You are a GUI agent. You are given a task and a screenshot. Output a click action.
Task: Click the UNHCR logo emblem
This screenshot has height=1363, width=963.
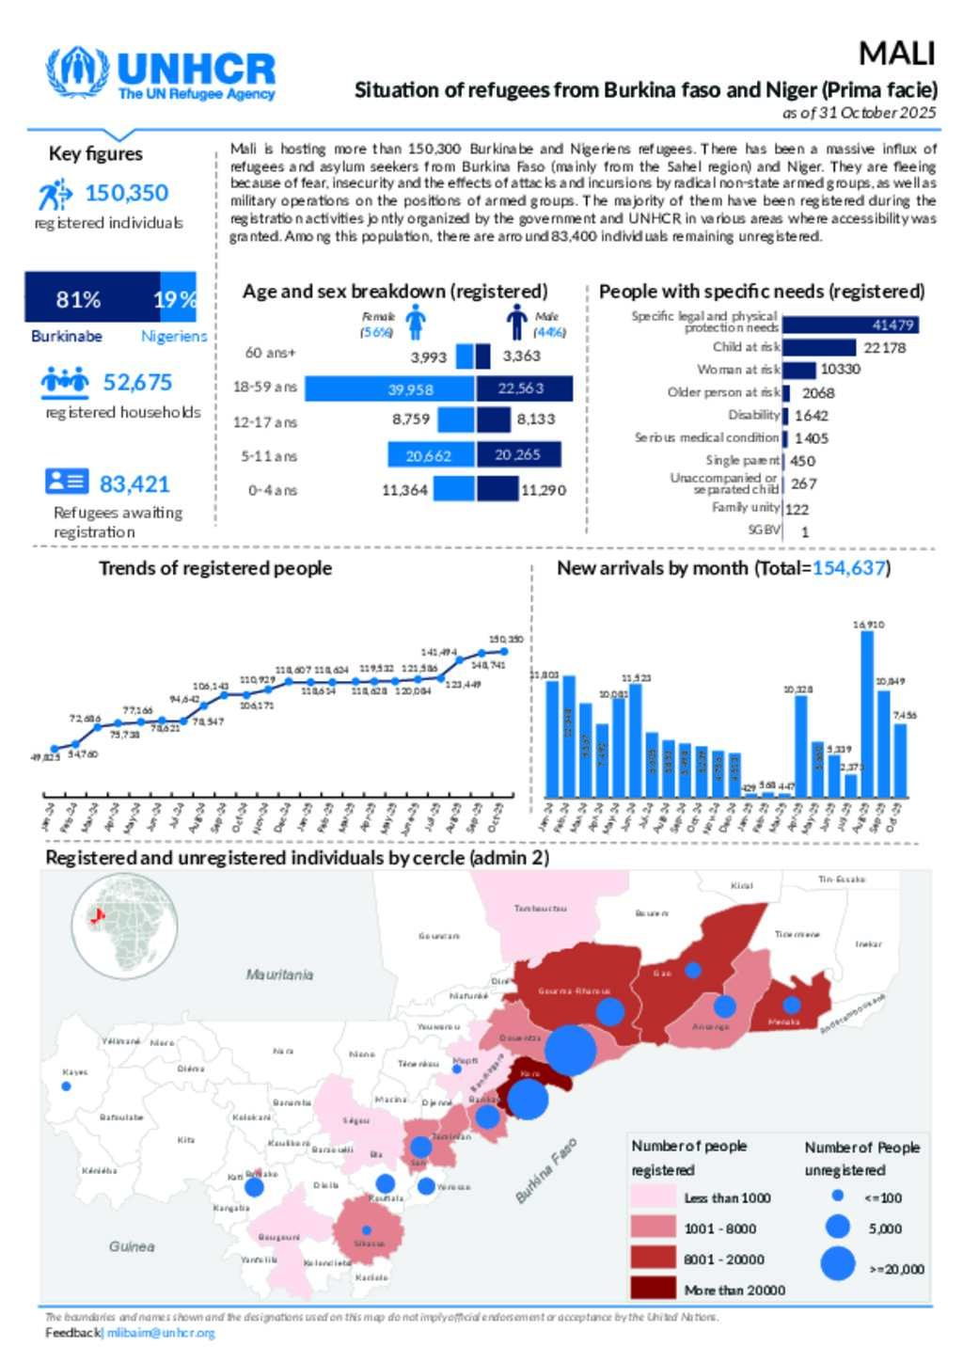click(x=78, y=72)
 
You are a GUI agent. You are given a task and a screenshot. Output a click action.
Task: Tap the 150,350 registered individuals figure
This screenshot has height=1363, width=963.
click(x=127, y=193)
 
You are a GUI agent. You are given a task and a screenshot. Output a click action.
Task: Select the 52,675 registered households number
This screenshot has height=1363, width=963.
click(x=137, y=383)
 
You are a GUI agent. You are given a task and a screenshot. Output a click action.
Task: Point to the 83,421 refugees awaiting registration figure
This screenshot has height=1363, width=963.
click(x=134, y=484)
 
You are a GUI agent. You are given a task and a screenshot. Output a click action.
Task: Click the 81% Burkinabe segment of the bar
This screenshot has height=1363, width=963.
click(x=92, y=299)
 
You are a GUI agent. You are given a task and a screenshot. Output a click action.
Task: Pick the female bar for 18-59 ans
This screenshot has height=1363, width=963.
click(x=389, y=388)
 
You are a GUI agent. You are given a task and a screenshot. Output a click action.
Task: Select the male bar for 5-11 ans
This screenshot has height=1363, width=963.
click(x=518, y=455)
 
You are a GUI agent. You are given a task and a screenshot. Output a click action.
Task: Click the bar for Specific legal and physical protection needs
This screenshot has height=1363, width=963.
click(x=850, y=325)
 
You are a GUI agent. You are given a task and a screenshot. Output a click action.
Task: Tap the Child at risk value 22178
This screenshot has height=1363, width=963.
click(x=885, y=348)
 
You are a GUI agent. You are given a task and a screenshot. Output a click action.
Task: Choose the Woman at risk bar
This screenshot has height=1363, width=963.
click(x=798, y=370)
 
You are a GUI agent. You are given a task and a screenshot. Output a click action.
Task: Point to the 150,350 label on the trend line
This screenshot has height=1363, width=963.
click(x=506, y=640)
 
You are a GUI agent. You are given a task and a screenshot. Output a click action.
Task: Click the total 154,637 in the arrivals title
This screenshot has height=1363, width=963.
click(x=848, y=568)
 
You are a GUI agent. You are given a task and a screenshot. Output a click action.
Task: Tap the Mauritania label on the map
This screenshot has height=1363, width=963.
click(x=279, y=975)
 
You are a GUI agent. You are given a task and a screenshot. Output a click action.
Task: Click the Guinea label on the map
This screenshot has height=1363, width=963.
click(x=132, y=1246)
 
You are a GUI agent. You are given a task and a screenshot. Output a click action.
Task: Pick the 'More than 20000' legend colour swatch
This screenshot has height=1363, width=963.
click(x=653, y=1289)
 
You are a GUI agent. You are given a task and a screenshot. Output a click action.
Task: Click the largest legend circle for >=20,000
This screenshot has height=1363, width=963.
click(x=837, y=1263)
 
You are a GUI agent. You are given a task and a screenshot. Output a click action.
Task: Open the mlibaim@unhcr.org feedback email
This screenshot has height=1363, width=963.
click(x=161, y=1333)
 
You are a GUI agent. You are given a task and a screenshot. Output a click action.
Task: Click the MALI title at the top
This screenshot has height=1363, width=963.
click(x=896, y=54)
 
